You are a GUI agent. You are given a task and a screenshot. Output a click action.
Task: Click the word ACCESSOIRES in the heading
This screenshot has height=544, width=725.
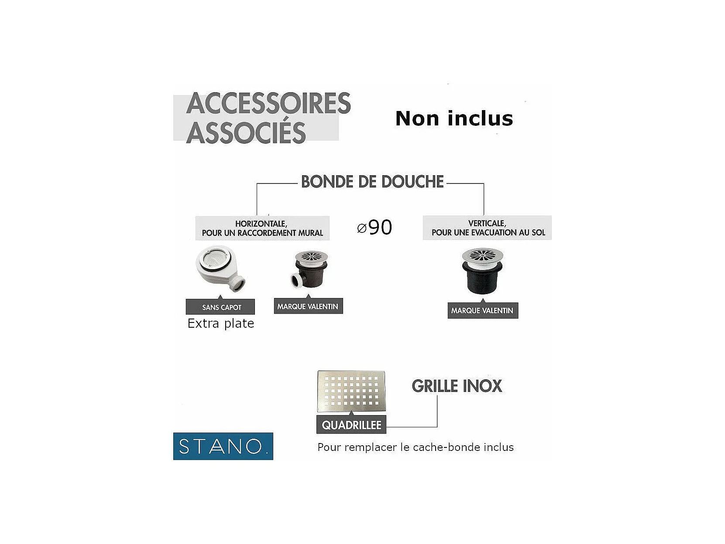[268, 104]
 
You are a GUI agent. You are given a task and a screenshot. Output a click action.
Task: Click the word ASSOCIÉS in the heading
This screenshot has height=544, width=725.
[246, 132]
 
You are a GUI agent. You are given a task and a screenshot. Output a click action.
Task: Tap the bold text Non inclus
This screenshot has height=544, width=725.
[454, 118]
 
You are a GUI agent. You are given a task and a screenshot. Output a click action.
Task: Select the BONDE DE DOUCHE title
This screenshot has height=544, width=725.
[372, 182]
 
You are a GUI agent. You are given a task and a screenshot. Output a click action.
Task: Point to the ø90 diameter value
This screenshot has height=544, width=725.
[375, 227]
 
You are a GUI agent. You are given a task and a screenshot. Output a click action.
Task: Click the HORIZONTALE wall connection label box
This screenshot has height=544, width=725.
[262, 228]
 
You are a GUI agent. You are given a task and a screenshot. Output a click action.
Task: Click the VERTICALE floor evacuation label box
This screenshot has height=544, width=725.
[488, 228]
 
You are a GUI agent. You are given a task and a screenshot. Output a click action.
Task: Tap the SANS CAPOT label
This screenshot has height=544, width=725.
[221, 307]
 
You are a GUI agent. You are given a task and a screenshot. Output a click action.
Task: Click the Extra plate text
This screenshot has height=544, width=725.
[220, 323]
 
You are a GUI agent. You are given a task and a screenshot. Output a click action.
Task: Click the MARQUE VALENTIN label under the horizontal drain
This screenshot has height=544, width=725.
[308, 306]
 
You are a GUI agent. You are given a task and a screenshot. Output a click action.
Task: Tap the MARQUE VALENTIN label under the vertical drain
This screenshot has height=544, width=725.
[482, 311]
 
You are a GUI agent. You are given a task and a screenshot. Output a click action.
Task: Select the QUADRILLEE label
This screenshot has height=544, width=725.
[351, 425]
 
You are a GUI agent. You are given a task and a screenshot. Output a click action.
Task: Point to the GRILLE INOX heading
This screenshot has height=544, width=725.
[457, 386]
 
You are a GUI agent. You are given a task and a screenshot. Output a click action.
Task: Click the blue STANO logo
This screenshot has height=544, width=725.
[223, 446]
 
